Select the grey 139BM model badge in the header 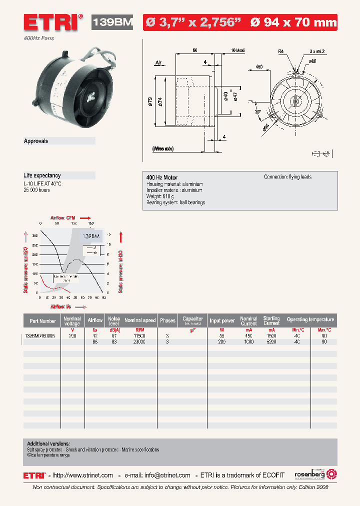112,22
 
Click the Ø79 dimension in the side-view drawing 150,101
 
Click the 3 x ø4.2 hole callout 317,51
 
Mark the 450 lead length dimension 259,66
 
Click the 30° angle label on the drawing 257,111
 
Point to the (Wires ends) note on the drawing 163,149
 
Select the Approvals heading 36,141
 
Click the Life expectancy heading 42,175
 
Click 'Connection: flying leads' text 287,177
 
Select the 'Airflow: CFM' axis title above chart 62,218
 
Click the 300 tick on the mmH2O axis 34,235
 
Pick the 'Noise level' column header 114,320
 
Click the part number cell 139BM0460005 40,336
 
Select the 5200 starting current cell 271,342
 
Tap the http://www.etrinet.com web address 83,475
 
